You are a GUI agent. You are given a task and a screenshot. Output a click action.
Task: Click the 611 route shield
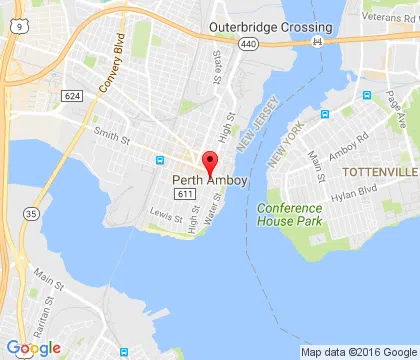(x=182, y=193)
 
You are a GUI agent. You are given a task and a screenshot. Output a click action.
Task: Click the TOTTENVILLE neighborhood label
(x=377, y=173)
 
